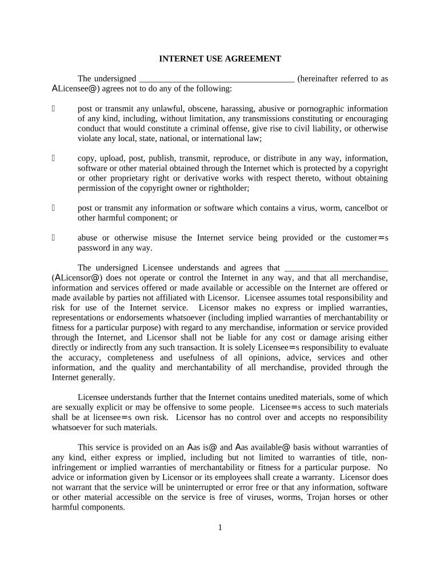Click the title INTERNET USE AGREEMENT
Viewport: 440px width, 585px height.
[x=220, y=59]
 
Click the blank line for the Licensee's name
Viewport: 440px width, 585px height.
[x=217, y=79]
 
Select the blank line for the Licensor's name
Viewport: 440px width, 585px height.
[x=336, y=268]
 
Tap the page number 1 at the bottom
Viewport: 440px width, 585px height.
[x=219, y=527]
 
